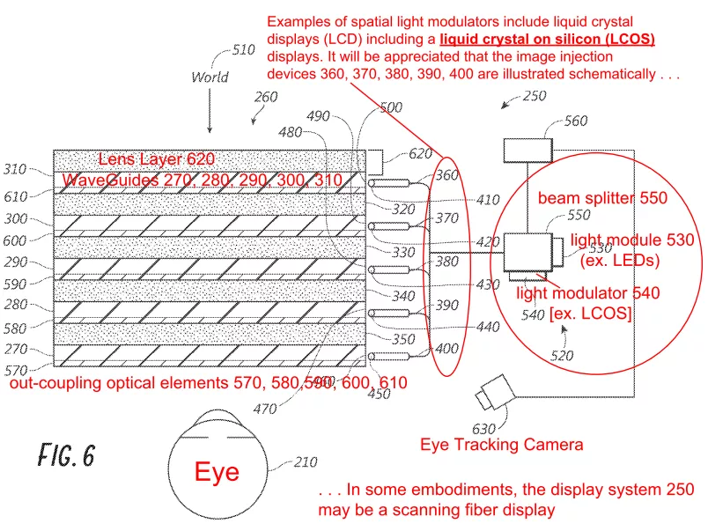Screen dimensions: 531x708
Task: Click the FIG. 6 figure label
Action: [66, 454]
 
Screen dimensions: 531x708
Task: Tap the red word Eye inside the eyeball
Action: [217, 472]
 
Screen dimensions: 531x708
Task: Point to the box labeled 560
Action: [527, 149]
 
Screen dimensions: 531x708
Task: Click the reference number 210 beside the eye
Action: [305, 461]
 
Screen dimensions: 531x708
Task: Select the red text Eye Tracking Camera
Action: [501, 445]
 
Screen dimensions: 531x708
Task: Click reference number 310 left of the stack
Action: [16, 170]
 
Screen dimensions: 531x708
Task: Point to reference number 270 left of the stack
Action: [16, 348]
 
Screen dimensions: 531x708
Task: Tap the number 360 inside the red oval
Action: [446, 175]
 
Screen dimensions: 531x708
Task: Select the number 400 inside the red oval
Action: [446, 349]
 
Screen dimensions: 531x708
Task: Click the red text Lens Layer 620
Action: [157, 159]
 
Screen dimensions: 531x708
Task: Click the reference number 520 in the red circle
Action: [562, 356]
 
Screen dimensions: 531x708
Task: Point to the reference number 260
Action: [266, 97]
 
